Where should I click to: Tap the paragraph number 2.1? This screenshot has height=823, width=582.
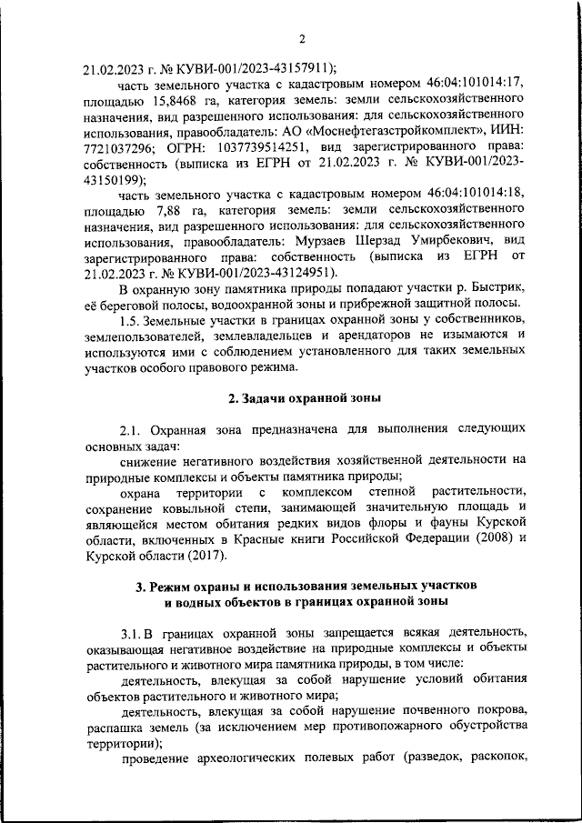tap(133, 430)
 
